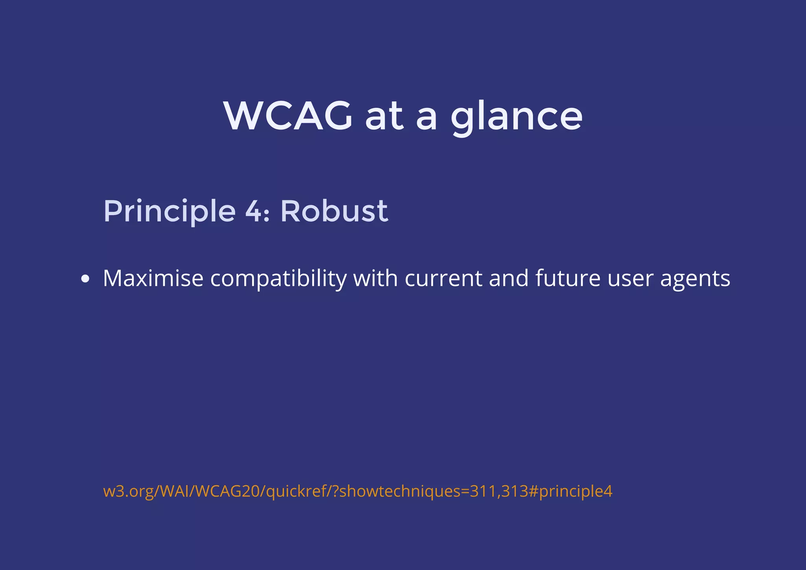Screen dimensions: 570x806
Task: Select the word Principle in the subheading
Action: pos(169,211)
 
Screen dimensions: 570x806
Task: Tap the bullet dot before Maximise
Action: pos(85,279)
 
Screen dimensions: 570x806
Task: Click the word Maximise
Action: pos(153,279)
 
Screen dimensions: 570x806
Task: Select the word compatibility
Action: pos(278,279)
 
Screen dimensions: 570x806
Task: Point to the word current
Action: pos(444,279)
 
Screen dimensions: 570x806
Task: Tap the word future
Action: pos(568,279)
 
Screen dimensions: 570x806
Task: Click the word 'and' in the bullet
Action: pos(508,279)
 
